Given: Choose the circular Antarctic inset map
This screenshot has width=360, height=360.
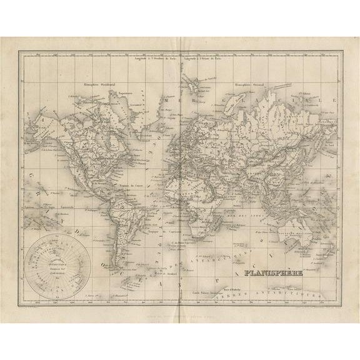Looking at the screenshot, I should (x=60, y=260).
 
